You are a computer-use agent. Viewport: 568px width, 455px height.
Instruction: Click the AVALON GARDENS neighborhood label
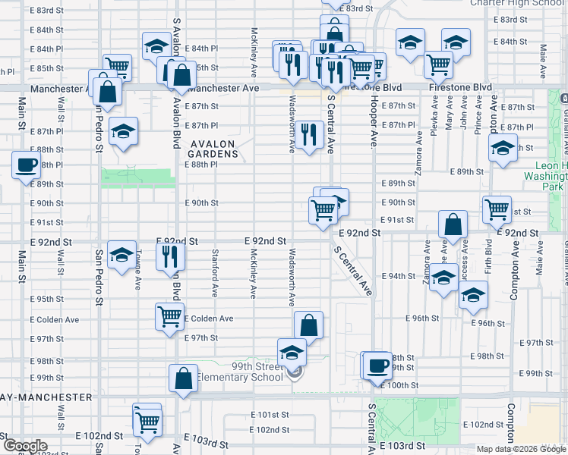(214, 148)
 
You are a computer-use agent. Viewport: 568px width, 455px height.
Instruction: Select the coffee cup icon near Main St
(27, 165)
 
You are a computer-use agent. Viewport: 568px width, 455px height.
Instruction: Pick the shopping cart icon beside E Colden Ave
(169, 316)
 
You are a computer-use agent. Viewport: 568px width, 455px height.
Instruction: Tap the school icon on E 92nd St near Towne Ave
(121, 256)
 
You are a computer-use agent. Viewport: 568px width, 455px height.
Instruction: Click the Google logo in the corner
(25, 446)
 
